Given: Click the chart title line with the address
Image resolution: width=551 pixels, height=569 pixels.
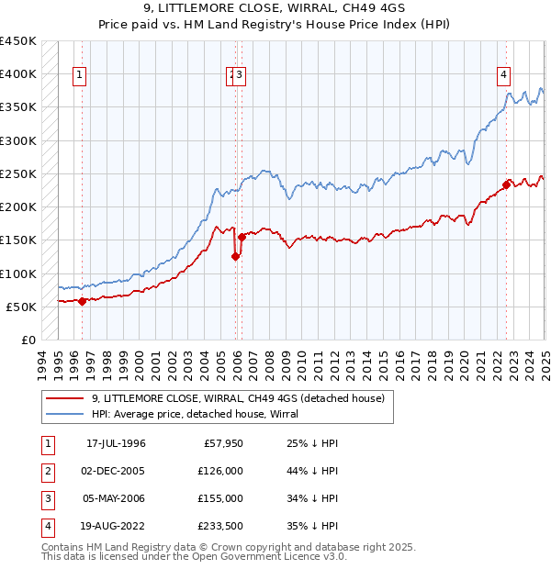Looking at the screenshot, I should coord(275,10).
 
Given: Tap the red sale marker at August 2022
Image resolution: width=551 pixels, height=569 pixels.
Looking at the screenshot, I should coord(506,184).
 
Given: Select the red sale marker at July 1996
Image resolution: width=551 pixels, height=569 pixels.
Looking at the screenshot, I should coord(82,301).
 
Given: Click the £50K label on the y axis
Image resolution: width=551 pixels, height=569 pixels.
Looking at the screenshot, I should coord(22,307).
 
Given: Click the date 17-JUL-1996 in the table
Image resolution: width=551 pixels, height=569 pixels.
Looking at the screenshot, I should coord(117,444).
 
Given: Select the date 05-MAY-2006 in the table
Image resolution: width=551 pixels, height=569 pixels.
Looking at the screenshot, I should coord(117,499).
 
